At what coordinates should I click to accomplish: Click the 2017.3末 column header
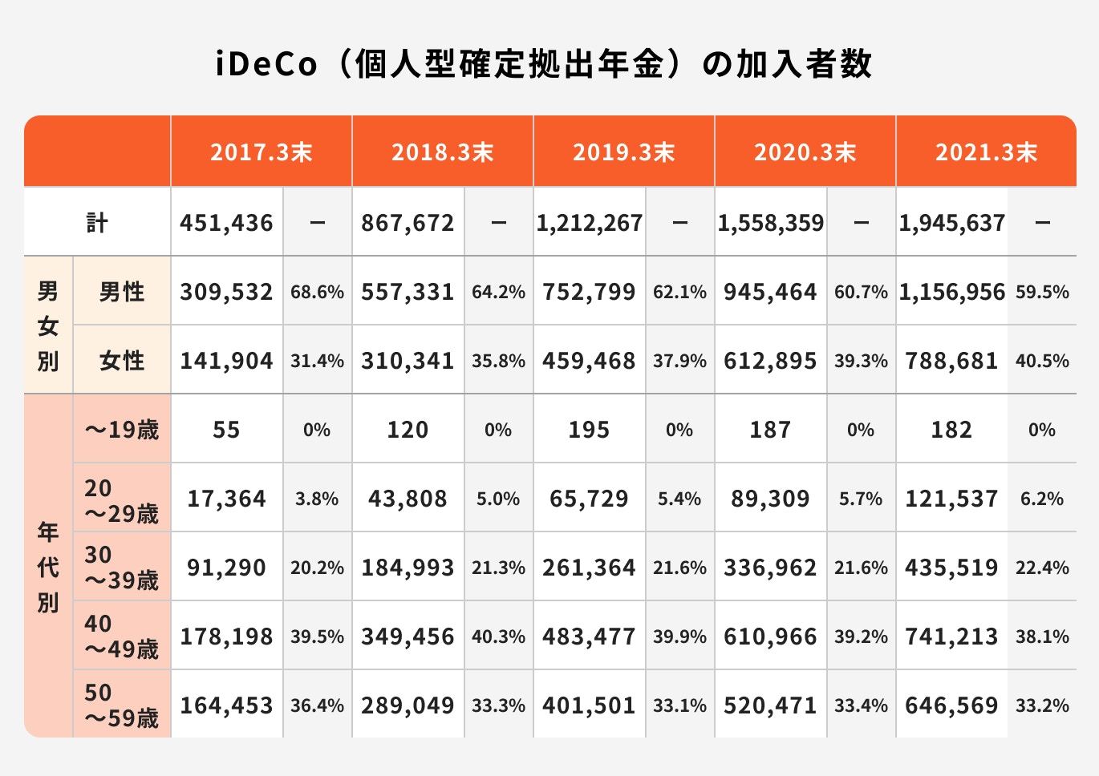coord(261,152)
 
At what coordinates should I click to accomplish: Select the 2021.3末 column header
coord(986,152)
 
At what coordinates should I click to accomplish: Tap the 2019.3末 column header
coord(623,152)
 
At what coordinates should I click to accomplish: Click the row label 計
coord(97,223)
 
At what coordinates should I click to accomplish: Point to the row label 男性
coord(122,292)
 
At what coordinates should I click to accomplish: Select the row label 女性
coord(122,361)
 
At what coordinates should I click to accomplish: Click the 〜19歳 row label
coord(122,430)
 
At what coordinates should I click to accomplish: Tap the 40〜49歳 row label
coord(122,637)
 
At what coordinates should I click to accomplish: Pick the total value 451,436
coord(226,223)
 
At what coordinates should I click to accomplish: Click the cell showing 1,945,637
coord(951,223)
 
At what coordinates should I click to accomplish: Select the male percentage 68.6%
coord(317,292)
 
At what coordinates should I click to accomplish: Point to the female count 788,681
coord(951,361)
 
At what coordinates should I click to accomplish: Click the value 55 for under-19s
coord(226,430)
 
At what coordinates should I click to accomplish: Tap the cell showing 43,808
coord(408,499)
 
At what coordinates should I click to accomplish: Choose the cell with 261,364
coord(589,568)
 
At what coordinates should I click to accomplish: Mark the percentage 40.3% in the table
coord(498,637)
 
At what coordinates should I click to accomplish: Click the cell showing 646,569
coord(951,705)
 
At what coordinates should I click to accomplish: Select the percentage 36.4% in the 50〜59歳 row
coord(317,705)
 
